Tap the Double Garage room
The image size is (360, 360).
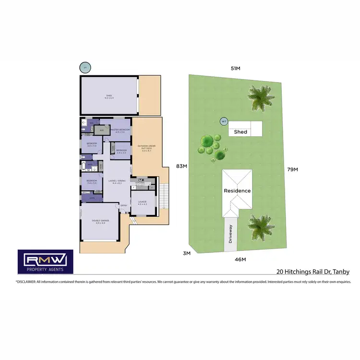100,221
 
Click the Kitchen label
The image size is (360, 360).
140,183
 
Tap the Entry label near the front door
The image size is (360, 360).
124,206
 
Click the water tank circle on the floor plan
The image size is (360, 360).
85,68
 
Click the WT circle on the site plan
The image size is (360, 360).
223,121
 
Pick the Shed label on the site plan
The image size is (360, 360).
240,132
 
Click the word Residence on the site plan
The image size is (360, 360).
237,191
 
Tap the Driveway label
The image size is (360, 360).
230,234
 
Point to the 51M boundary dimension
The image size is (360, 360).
235,69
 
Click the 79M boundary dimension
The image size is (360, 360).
292,169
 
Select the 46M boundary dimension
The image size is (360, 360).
240,260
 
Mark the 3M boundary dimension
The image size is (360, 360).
187,252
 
